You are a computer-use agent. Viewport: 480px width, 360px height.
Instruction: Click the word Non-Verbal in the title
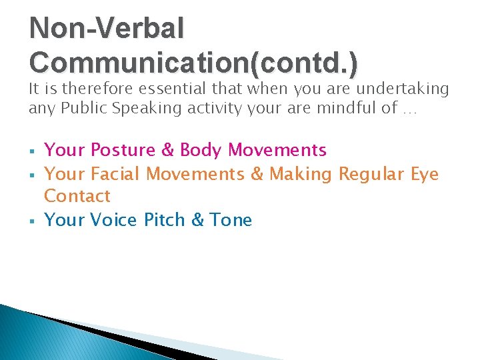coord(107,28)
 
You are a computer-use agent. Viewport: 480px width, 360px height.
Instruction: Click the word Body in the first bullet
coord(202,150)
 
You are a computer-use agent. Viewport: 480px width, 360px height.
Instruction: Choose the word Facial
coord(115,174)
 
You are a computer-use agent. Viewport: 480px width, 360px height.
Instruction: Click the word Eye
coord(425,174)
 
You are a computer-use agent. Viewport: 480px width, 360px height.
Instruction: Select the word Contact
coord(77,196)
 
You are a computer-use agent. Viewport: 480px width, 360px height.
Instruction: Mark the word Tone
coord(231,220)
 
